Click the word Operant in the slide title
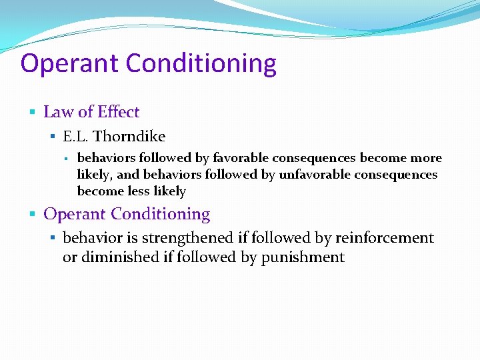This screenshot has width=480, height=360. tap(69, 64)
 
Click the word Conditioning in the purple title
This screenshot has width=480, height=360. tap(201, 64)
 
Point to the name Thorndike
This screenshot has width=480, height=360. tap(129, 137)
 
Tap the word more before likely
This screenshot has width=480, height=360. tap(427, 158)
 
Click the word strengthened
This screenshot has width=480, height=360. tap(188, 238)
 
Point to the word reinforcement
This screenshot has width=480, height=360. tap(385, 238)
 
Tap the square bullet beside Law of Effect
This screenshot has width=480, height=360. tap(33, 111)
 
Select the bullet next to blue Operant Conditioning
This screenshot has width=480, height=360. tap(33, 214)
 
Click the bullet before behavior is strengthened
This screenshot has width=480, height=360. tap(54, 238)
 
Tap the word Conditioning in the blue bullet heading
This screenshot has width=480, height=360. tap(161, 214)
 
